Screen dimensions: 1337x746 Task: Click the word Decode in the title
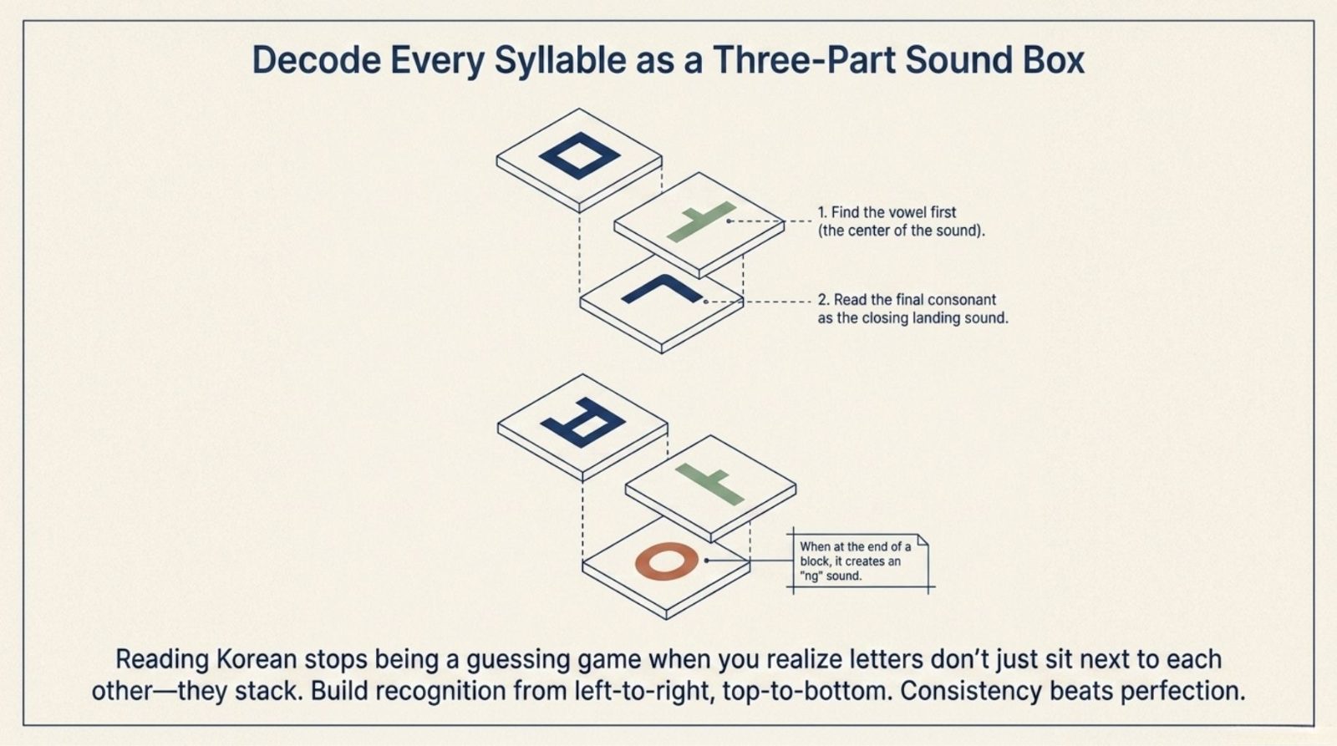(x=317, y=60)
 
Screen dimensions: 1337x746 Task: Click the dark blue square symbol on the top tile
(x=580, y=155)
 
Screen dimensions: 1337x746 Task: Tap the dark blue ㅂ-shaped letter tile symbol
(x=582, y=422)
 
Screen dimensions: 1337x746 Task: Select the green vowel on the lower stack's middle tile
(x=709, y=483)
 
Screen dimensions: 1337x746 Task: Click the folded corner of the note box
(x=923, y=540)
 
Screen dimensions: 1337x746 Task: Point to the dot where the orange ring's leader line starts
(x=706, y=561)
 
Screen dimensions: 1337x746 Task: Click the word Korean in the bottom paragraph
(x=256, y=659)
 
